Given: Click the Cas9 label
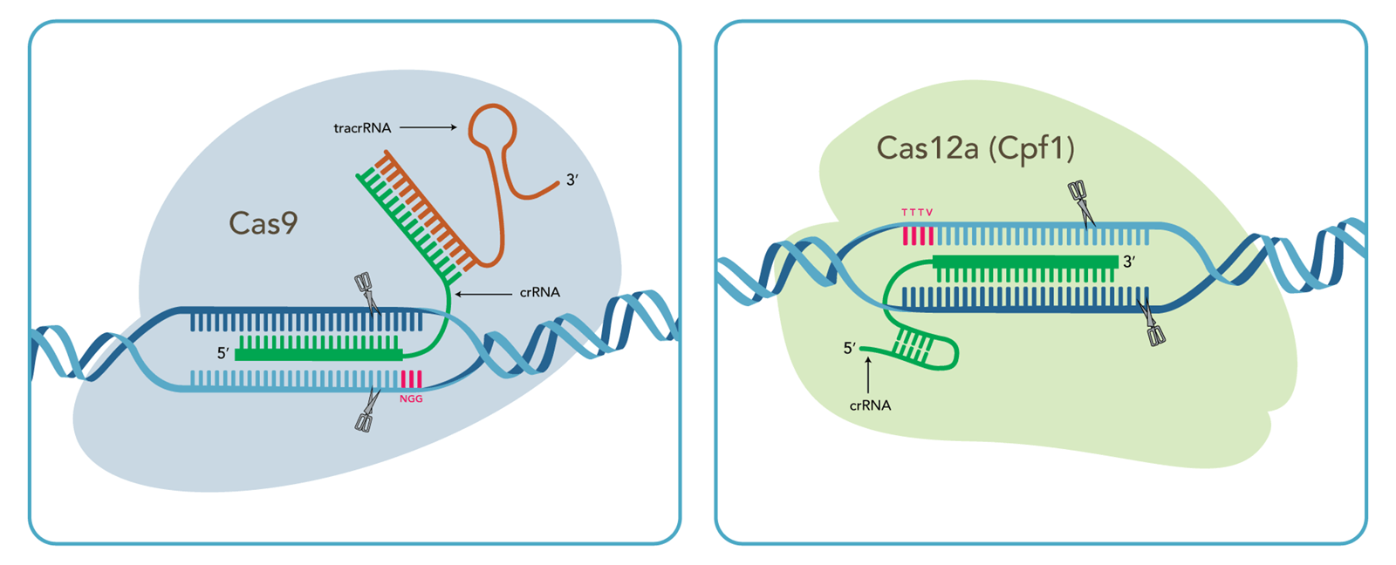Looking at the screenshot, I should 263,223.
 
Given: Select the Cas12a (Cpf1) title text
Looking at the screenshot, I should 975,148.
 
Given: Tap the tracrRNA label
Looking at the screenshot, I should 362,128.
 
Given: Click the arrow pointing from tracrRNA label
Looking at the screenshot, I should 428,127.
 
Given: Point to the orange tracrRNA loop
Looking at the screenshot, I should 493,128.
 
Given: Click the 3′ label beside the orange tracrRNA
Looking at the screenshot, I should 572,180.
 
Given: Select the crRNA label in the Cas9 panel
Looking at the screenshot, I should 539,292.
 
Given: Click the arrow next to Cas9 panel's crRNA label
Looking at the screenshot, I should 483,294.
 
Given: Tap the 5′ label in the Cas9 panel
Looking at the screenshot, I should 223,353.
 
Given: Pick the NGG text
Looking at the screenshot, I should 411,398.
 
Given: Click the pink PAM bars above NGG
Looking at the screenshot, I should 411,379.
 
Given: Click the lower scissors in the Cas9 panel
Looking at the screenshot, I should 366,411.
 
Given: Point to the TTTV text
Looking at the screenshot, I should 917,213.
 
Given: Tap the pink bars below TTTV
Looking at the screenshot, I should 918,235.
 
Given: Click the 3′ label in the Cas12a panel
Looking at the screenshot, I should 1130,262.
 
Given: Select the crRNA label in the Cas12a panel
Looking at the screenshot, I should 870,405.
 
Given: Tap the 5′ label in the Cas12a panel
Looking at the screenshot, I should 850,349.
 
